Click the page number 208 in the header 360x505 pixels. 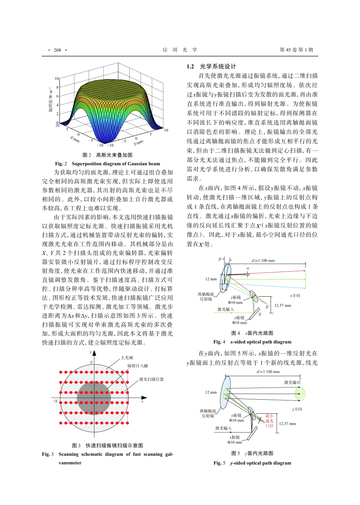pos(58,50)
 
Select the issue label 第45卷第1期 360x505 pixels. pos(296,50)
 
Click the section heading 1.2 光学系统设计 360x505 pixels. pos(211,66)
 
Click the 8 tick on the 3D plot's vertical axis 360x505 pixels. pos(58,88)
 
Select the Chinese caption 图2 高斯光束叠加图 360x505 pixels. pos(108,155)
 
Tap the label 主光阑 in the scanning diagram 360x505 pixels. pos(127,358)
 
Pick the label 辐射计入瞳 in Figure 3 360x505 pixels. pos(138,366)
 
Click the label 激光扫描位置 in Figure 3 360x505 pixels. pos(151,379)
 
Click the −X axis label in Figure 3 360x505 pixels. pos(55,401)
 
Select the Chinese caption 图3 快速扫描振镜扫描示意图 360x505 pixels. pos(108,446)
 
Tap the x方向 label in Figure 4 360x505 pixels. pos(295,295)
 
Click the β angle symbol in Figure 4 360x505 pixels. pos(219,259)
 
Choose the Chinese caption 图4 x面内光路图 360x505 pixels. pos(252,333)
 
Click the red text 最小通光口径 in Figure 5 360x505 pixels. pos(269,421)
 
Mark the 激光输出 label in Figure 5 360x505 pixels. pos(292,383)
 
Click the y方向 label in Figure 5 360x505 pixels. pos(297,409)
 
